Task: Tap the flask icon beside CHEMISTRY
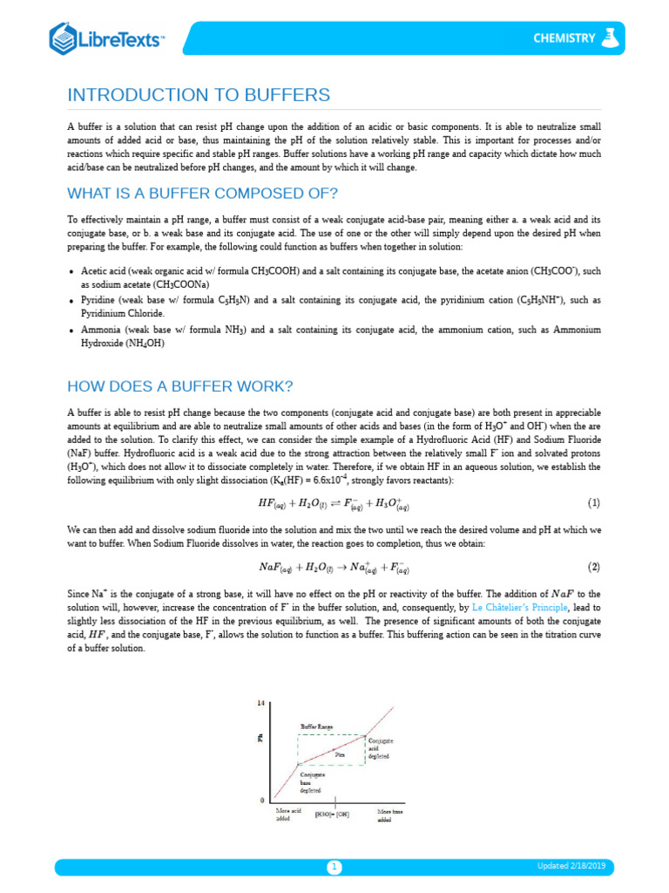tap(613, 37)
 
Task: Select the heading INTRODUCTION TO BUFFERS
tap(199, 95)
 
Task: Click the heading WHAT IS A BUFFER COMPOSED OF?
tap(202, 193)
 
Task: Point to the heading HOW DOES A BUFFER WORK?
tap(180, 385)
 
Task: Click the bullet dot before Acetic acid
tap(71, 272)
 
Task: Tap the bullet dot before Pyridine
tap(71, 301)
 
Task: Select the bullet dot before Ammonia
tap(71, 331)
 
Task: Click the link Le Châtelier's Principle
tap(518, 604)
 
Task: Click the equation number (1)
tap(594, 503)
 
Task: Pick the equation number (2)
tap(594, 567)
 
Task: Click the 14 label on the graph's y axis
tap(260, 703)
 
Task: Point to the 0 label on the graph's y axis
tap(261, 800)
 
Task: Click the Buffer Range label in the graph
tap(316, 726)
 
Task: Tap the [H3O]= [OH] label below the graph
tap(332, 815)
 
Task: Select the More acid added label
tap(288, 815)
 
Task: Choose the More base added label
tap(390, 815)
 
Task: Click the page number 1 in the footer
tap(334, 867)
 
